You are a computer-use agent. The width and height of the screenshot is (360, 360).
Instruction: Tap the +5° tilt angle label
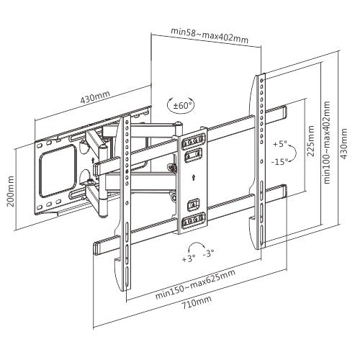[x=279, y=144]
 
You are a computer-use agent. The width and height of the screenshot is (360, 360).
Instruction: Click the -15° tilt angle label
[x=280, y=162]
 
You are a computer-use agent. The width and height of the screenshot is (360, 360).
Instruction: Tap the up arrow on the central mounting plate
[x=193, y=173]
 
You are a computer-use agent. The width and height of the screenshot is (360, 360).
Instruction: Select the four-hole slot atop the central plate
[x=192, y=140]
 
